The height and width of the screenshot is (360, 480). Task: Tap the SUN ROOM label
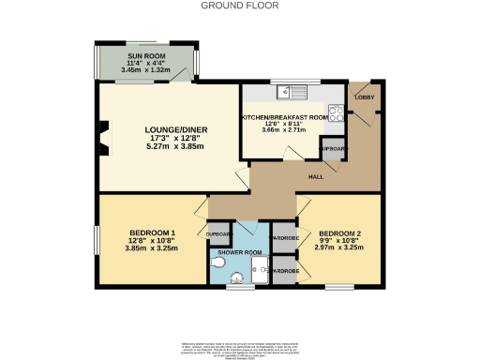point(144,56)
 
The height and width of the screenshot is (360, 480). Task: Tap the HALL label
point(318,174)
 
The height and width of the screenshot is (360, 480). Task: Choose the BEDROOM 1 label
point(152,232)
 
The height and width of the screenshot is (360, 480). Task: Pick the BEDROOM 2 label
point(338,232)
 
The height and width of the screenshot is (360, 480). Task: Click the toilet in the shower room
point(219,265)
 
